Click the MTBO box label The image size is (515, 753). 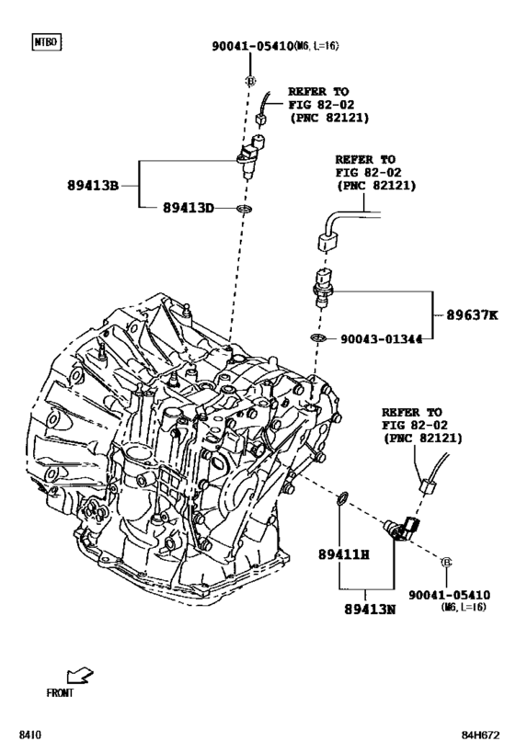(x=46, y=42)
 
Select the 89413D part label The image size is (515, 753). (x=189, y=209)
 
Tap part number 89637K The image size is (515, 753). (x=472, y=314)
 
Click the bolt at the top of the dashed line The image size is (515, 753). (x=250, y=81)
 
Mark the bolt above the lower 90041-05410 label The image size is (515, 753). (x=446, y=562)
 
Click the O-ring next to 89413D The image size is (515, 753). (x=243, y=209)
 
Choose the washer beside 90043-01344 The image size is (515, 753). (x=317, y=340)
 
